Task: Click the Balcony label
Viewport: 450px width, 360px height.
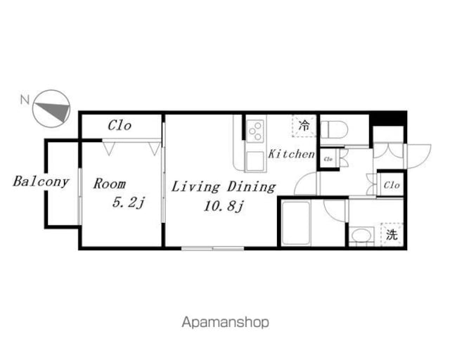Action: click(x=41, y=181)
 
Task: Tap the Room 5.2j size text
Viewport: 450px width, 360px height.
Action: click(x=128, y=202)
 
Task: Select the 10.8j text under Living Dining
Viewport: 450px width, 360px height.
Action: click(x=224, y=206)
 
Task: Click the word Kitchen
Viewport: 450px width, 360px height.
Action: click(x=291, y=154)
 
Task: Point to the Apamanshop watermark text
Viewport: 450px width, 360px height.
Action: click(x=225, y=323)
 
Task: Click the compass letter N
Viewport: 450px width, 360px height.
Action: click(x=25, y=99)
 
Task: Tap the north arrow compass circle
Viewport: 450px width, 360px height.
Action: click(x=51, y=109)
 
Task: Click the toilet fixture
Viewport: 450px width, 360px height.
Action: click(x=334, y=129)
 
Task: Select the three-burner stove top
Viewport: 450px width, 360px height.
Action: click(x=255, y=131)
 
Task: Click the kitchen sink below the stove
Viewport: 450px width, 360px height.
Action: click(x=255, y=161)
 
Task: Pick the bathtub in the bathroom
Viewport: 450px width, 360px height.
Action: click(x=296, y=223)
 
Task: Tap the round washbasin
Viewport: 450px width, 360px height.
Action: click(x=361, y=236)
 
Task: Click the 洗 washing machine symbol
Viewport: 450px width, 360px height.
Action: click(x=392, y=235)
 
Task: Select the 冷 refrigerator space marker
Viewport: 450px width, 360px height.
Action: click(x=304, y=125)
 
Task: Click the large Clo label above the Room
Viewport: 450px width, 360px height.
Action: click(x=120, y=125)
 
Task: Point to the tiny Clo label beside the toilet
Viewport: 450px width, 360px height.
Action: click(x=328, y=159)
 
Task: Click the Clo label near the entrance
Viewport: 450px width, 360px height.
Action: click(x=392, y=185)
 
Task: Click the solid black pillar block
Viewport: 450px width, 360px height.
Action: click(x=388, y=117)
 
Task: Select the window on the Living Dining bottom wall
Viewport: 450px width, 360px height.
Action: click(x=212, y=248)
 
